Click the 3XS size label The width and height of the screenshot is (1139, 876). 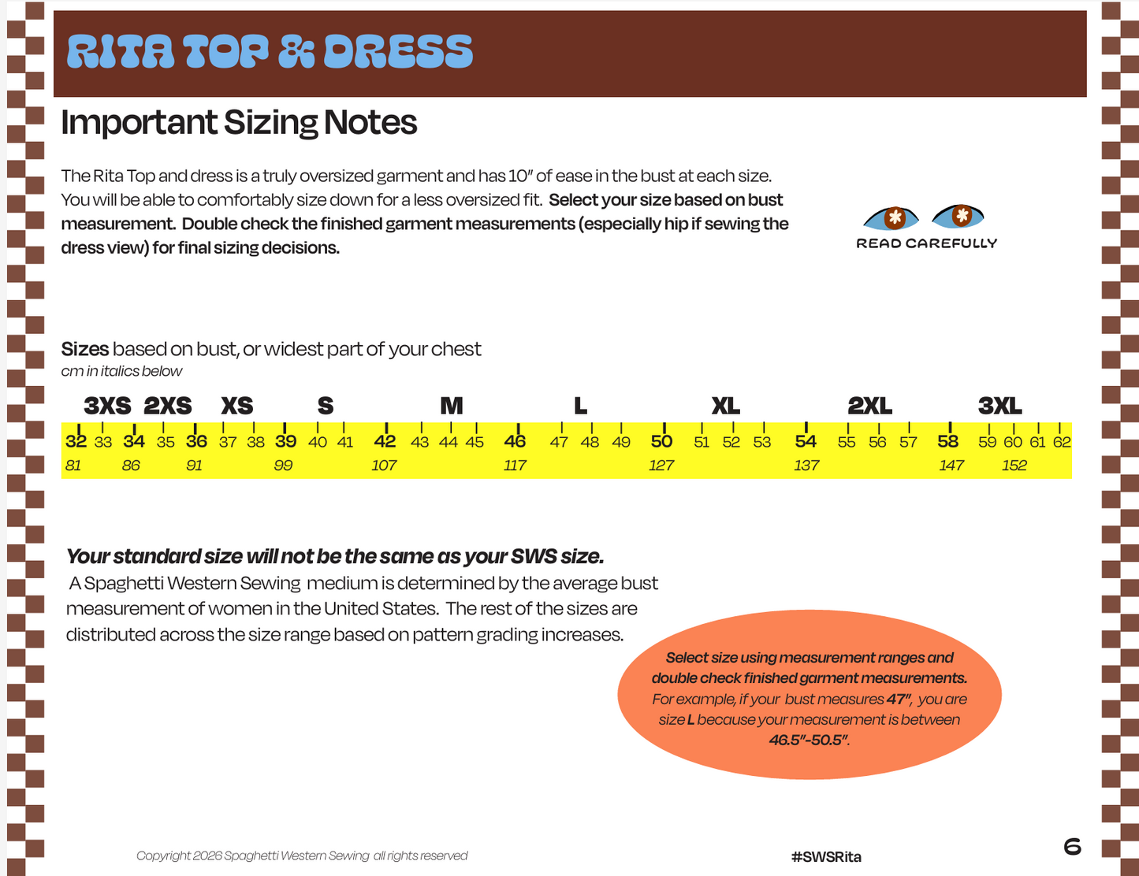[107, 406]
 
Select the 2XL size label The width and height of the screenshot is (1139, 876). [869, 406]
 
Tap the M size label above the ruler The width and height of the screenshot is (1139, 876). [452, 406]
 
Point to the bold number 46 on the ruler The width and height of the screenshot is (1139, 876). [515, 441]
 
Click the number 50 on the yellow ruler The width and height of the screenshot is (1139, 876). [661, 441]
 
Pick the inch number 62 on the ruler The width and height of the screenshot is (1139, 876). [1062, 443]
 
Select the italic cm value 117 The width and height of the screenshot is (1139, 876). [515, 466]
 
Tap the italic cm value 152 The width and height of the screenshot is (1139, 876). [1014, 466]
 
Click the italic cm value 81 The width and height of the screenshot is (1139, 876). [73, 466]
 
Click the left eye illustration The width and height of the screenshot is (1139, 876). [891, 218]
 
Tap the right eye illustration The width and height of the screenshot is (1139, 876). [958, 216]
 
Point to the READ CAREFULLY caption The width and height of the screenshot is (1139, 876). [927, 243]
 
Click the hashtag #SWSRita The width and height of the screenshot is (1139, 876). [826, 856]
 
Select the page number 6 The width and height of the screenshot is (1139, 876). [1073, 846]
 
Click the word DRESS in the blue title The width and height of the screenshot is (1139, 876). [398, 52]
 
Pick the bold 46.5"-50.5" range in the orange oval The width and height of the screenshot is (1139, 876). [809, 740]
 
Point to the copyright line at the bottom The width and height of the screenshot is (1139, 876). [302, 856]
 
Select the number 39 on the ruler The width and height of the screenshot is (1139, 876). [285, 441]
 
